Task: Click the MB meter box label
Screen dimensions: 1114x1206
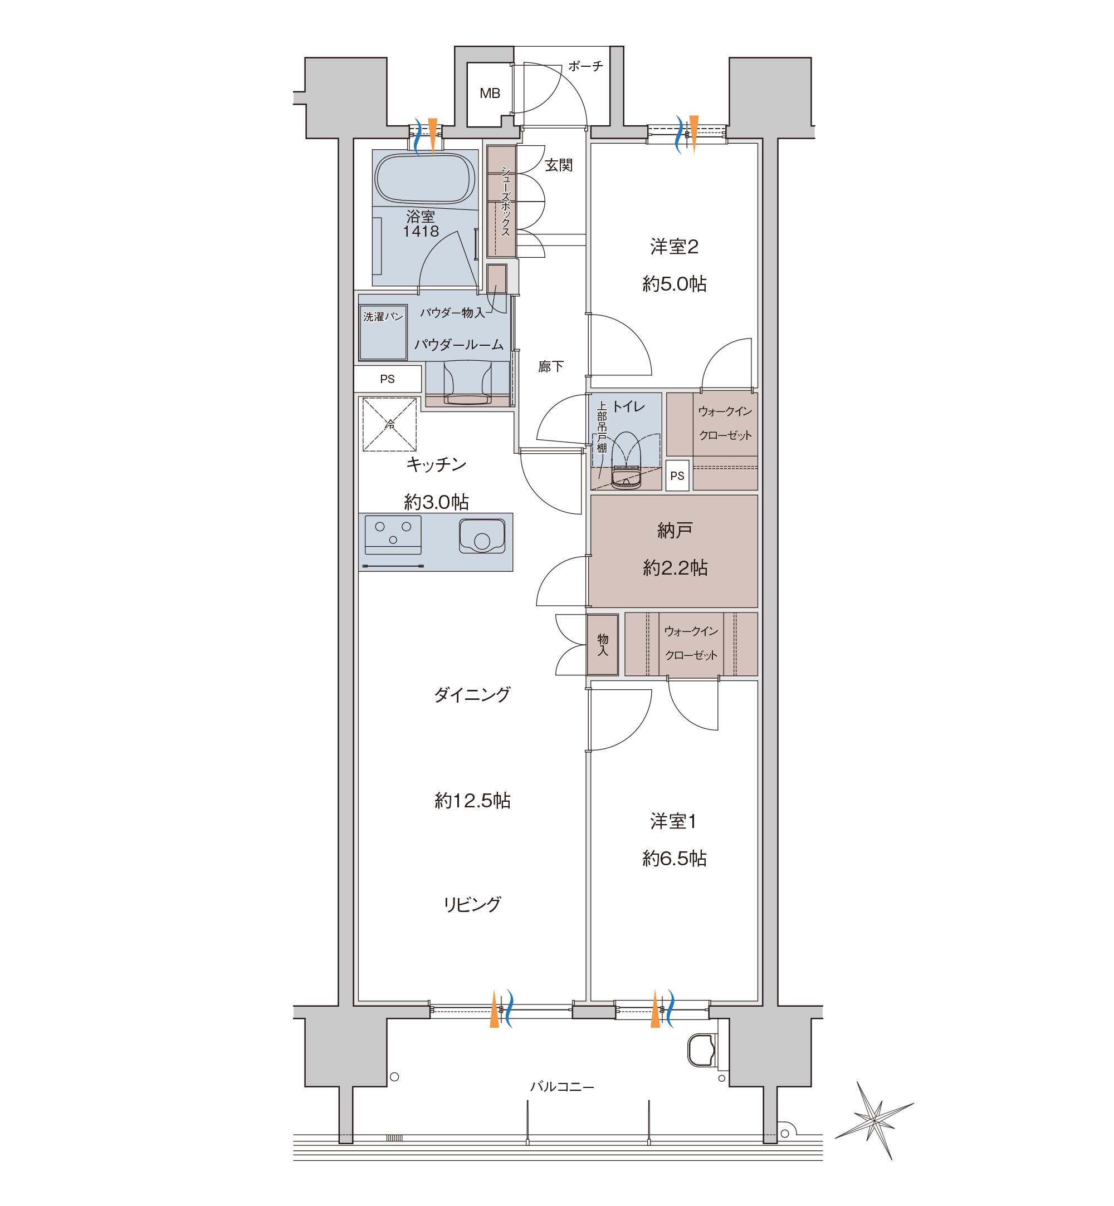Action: point(490,94)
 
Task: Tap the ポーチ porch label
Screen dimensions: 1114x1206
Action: point(585,66)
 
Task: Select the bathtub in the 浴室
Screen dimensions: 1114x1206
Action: point(425,178)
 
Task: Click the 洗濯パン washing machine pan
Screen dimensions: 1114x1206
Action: point(383,333)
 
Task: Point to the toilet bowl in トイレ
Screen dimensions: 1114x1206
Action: point(626,460)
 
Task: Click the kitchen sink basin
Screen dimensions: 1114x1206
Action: point(482,536)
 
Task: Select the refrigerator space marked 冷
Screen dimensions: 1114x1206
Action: point(389,424)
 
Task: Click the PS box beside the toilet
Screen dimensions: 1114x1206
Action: point(677,475)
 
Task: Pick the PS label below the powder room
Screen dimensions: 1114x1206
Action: point(387,379)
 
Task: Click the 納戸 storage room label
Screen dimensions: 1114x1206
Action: point(675,531)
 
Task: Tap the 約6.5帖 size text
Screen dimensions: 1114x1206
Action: point(675,858)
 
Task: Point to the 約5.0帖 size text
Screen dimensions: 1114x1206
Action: point(675,284)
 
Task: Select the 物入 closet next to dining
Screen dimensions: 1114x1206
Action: point(602,644)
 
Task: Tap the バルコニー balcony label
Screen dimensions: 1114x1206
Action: point(562,1087)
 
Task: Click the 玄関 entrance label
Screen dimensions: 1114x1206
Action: point(558,165)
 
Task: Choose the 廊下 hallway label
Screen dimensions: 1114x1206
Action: point(551,366)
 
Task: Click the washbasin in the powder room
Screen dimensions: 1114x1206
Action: point(468,383)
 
